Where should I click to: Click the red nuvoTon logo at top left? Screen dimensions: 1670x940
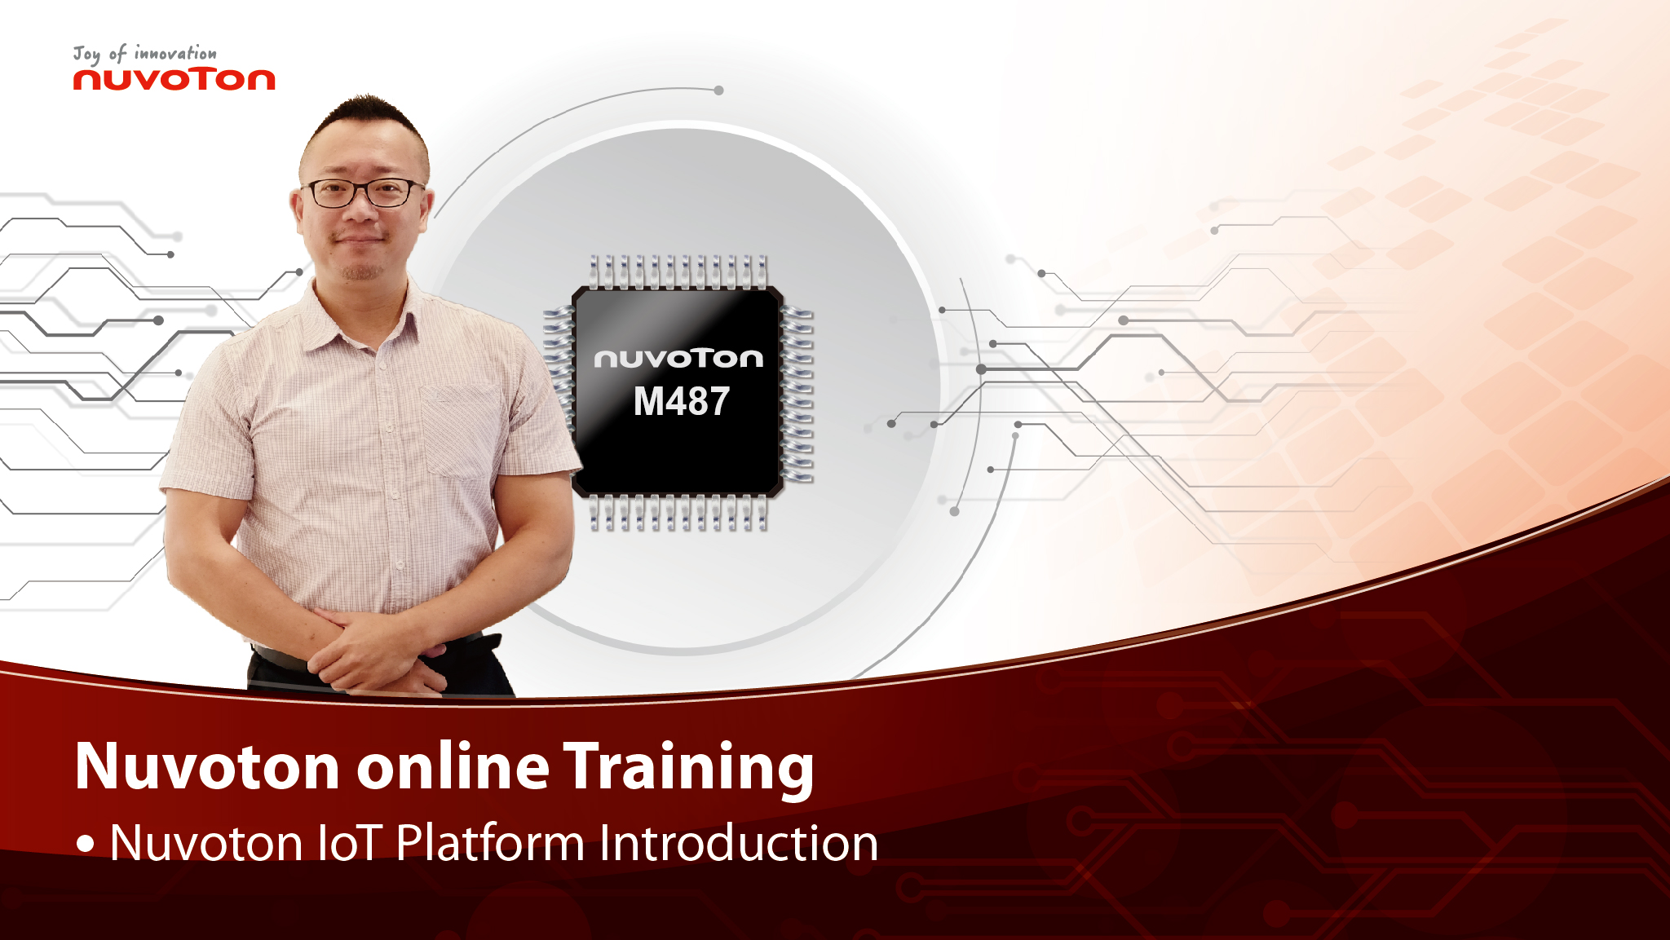(175, 79)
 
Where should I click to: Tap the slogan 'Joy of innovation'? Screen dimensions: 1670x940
(145, 54)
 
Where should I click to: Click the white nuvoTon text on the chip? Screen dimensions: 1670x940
(678, 359)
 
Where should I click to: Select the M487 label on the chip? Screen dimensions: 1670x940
(682, 402)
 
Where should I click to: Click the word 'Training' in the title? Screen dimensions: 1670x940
(689, 768)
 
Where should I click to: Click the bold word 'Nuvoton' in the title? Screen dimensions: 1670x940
(207, 767)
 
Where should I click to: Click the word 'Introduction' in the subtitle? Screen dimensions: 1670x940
(739, 842)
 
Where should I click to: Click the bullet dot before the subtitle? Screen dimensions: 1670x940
(86, 844)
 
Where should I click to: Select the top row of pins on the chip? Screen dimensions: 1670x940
(678, 272)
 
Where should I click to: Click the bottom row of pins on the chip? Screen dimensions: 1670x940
(678, 513)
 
